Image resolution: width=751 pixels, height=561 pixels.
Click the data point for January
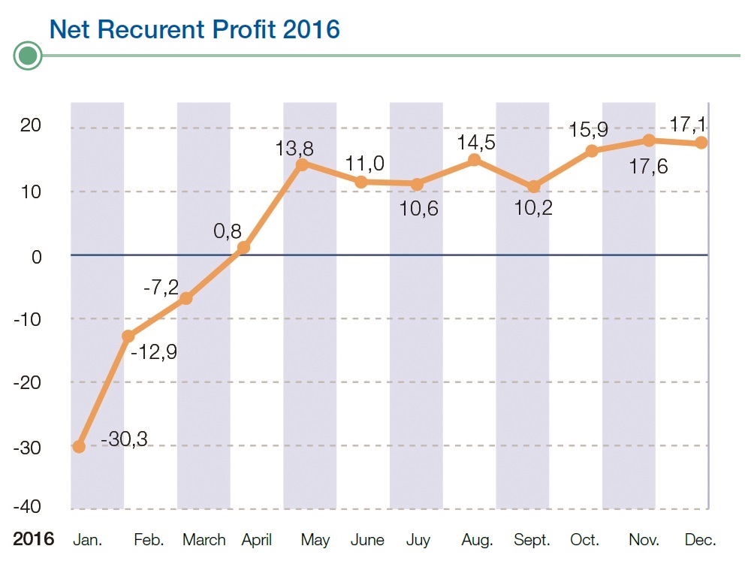[x=79, y=446]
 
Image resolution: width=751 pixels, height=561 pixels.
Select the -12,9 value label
[x=154, y=351]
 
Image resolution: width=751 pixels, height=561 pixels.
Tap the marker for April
[x=243, y=247]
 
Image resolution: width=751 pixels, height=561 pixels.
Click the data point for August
[x=474, y=160]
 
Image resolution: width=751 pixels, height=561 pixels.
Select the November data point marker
[x=649, y=140]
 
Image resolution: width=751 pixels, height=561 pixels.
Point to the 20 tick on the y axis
[x=32, y=126]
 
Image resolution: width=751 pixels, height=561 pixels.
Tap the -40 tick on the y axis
[x=29, y=508]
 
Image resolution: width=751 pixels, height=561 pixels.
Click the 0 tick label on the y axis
[x=36, y=255]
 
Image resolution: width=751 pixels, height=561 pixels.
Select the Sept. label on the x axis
[x=532, y=540]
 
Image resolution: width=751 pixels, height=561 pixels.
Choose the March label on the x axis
[x=204, y=540]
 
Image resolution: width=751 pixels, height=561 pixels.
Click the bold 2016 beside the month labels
[x=34, y=539]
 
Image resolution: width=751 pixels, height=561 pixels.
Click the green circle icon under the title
[x=29, y=56]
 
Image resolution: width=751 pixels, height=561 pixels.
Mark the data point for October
[x=592, y=151]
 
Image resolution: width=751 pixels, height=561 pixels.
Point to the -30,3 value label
[x=124, y=439]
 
